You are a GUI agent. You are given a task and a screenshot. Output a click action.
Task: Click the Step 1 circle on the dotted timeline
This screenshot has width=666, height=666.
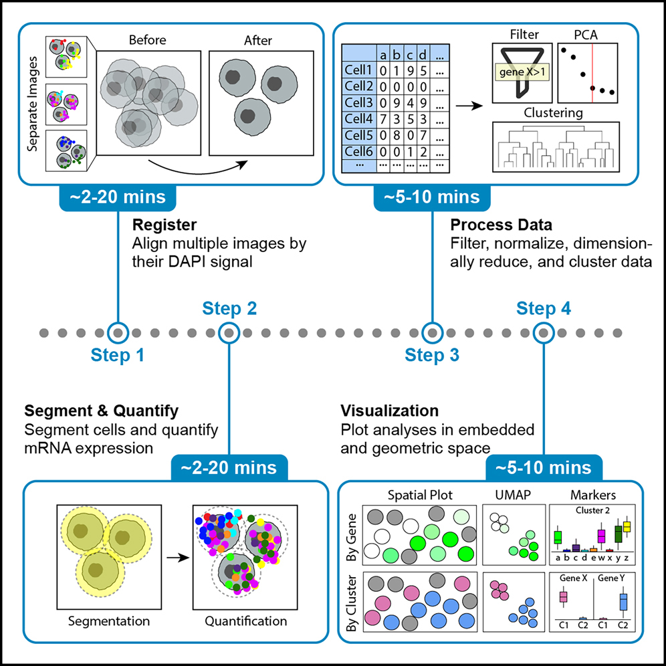point(118,332)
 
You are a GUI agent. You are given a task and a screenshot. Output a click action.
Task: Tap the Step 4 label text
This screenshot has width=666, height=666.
point(544,308)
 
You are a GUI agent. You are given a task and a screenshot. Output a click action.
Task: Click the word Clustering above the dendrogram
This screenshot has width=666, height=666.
point(554,113)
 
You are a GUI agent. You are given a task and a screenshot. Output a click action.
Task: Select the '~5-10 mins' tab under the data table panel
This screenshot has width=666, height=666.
point(432,197)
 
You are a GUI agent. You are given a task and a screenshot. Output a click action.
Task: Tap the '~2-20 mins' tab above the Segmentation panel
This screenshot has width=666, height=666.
point(230,467)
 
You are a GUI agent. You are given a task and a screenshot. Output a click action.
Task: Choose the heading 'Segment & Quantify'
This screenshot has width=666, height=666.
point(102,411)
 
